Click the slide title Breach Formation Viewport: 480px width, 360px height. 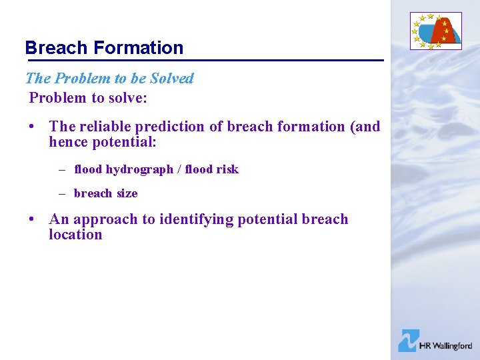tap(104, 48)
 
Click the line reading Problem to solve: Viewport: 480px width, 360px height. tap(87, 97)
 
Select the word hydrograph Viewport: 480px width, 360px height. tap(139, 169)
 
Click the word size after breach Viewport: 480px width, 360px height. tap(126, 193)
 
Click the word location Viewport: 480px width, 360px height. tap(75, 235)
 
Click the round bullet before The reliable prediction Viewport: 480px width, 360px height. tap(32, 127)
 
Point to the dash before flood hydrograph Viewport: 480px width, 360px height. tap(61, 169)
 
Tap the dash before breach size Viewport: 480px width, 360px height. tap(61, 193)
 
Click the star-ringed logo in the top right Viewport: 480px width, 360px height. tap(435, 31)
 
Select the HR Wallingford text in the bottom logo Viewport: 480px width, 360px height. tap(445, 346)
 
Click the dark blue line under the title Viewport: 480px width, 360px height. tap(204, 61)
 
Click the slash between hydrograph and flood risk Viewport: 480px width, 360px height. tap(179, 169)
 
